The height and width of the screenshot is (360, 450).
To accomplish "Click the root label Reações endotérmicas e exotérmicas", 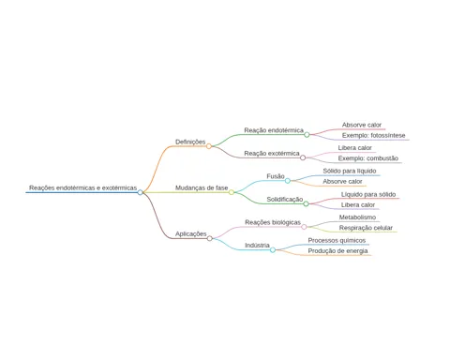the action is click(83, 187).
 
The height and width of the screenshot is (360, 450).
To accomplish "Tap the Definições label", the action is click(190, 142).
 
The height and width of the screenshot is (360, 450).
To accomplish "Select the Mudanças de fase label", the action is click(202, 187).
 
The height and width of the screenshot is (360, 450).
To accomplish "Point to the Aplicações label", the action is click(191, 233).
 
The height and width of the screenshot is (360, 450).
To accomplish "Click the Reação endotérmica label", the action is click(274, 130).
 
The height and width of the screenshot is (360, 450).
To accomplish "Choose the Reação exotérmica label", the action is click(272, 154).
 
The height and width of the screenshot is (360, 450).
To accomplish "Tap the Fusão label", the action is click(276, 176).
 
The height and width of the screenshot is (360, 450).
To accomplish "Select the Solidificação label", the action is click(285, 199).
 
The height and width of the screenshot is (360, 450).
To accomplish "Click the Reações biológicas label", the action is click(273, 222).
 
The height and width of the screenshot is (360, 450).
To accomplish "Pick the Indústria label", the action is click(257, 246).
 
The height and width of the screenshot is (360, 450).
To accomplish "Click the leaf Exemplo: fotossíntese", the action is click(374, 135).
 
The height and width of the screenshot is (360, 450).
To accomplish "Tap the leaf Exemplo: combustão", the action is click(368, 158).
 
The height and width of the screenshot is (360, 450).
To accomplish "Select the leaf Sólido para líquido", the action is click(350, 171).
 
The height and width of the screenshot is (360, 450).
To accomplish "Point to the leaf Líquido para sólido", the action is click(368, 194).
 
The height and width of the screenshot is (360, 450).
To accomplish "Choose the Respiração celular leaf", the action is click(366, 228).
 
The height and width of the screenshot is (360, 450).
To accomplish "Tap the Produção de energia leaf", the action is click(337, 251).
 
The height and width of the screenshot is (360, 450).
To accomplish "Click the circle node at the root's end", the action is click(140, 192).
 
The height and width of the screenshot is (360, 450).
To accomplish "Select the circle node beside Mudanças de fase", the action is click(232, 192).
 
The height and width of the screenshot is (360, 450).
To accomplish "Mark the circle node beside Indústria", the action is click(273, 249).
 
